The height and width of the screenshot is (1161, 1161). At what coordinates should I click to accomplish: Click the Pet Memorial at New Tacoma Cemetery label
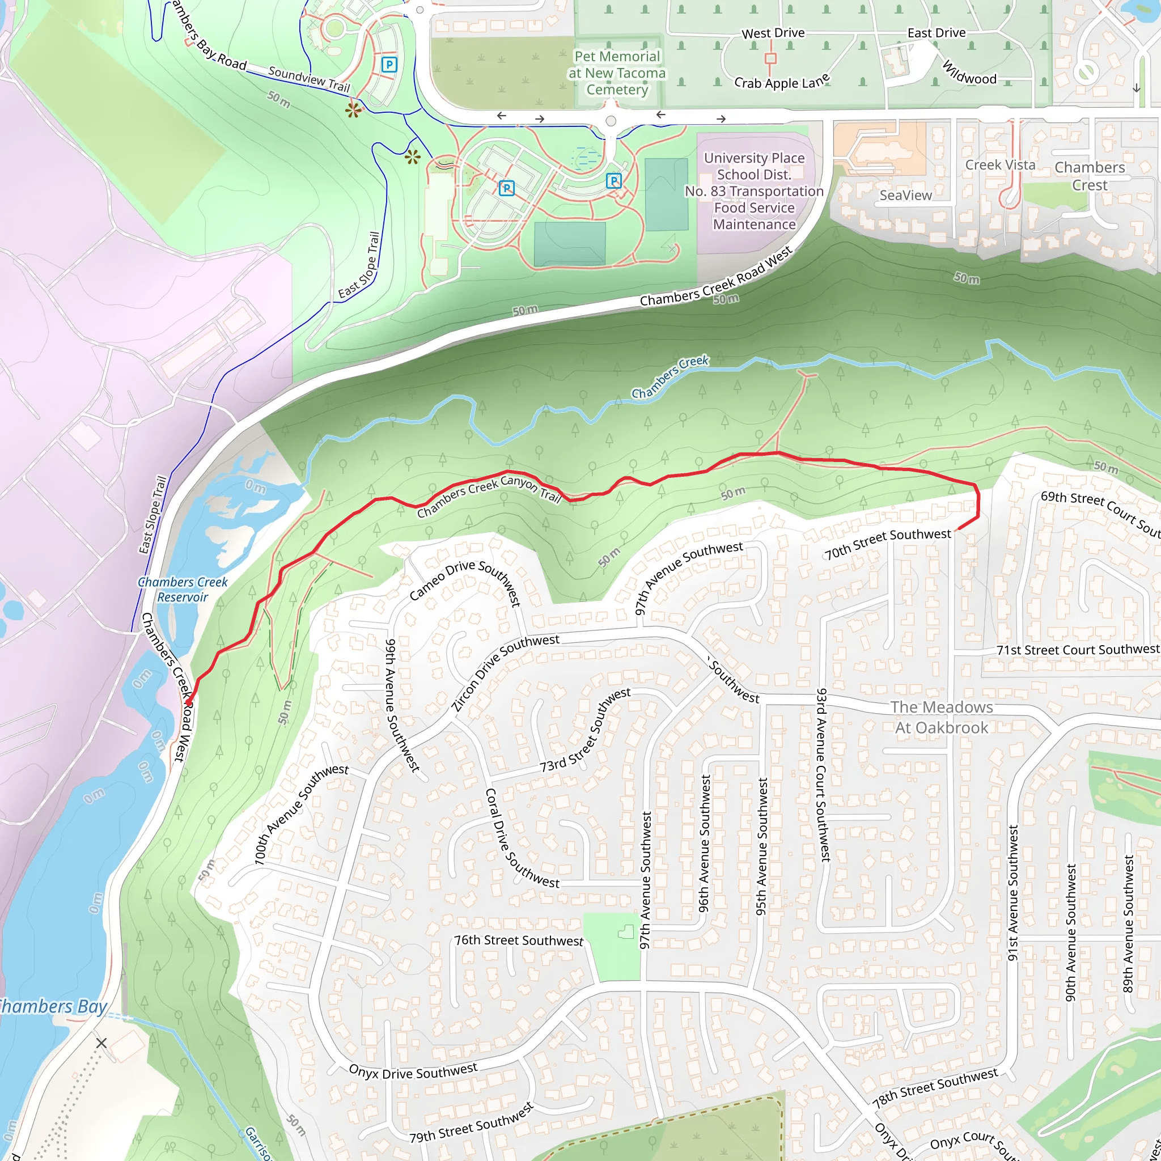tap(617, 73)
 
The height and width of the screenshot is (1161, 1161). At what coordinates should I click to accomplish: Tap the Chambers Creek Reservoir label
tap(183, 590)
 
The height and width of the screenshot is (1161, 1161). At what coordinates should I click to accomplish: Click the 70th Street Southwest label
tap(888, 543)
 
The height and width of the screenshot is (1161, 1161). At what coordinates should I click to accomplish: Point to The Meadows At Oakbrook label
tap(941, 717)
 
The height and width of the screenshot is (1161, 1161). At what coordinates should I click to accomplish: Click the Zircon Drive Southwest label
tap(505, 673)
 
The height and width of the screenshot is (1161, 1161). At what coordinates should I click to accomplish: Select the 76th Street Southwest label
tap(518, 940)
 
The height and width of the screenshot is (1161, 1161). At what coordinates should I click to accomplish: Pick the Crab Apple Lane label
tap(782, 81)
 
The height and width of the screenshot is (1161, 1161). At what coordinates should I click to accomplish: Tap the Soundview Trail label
tap(309, 79)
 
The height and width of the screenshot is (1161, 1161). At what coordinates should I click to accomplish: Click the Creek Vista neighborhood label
tap(1000, 164)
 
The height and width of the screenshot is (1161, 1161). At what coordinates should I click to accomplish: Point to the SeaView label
tap(905, 196)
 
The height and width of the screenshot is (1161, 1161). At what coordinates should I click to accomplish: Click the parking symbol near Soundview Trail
tap(389, 64)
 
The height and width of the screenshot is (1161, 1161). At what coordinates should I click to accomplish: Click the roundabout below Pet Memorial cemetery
tap(611, 121)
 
